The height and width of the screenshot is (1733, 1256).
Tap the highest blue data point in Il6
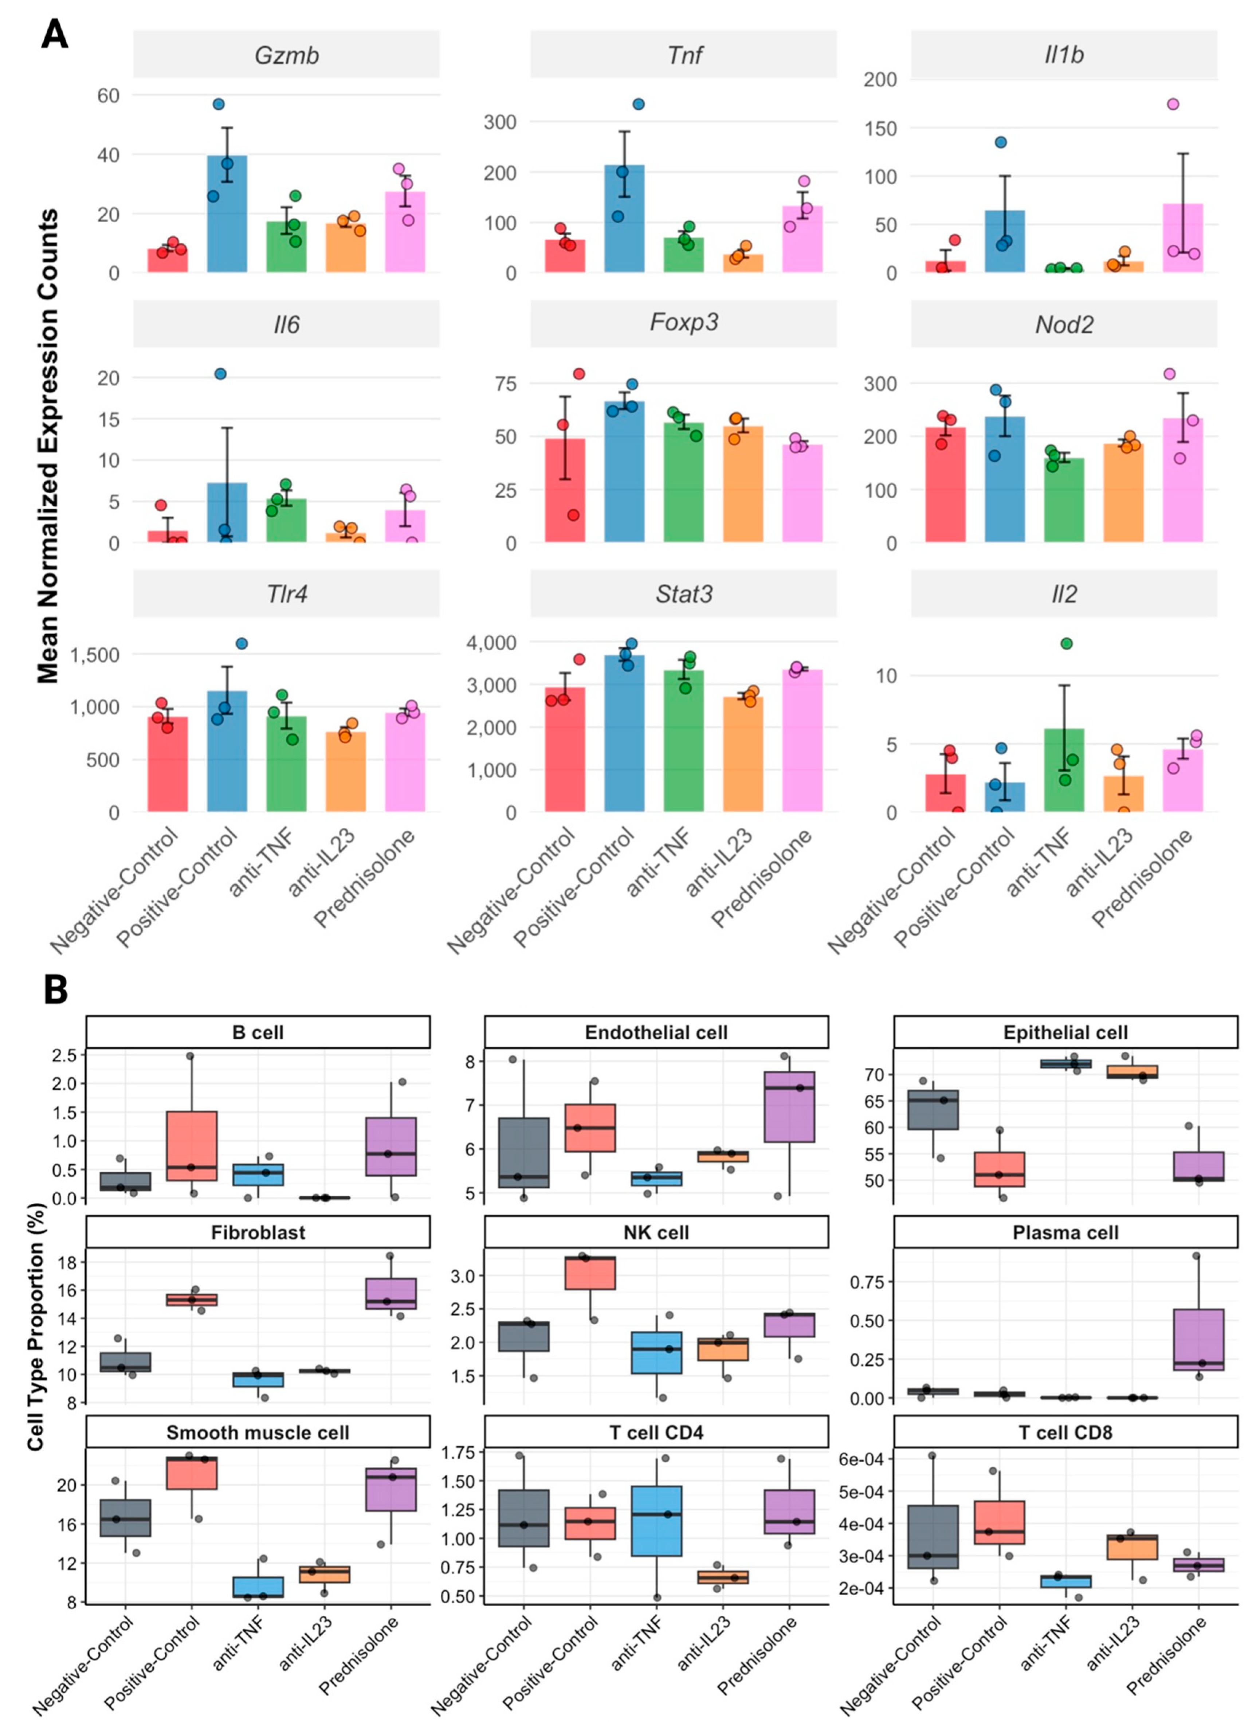point(220,374)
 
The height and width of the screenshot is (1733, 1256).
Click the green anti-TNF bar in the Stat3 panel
point(684,740)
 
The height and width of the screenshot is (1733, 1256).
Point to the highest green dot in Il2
point(1067,643)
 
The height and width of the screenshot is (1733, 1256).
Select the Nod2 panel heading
point(1064,325)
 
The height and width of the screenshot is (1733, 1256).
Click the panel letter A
point(54,35)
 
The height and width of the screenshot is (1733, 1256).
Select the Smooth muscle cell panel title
point(258,1433)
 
